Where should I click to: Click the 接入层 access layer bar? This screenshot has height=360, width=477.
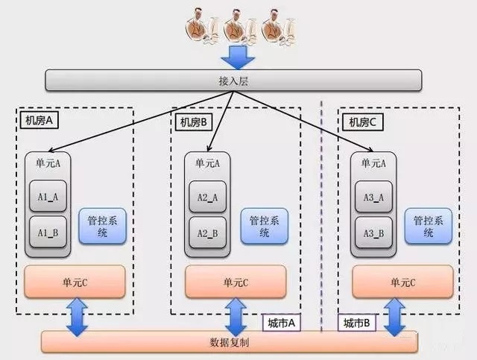pyautogui.click(x=233, y=80)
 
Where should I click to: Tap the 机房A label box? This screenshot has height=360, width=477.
pyautogui.click(x=40, y=120)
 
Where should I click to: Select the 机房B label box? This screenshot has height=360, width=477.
pyautogui.click(x=194, y=122)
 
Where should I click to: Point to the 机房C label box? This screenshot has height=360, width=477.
pyautogui.click(x=362, y=122)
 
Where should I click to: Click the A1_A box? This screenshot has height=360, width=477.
pyautogui.click(x=48, y=196)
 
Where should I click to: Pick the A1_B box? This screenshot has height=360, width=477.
pyautogui.click(x=48, y=233)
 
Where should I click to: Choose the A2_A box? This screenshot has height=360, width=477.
pyautogui.click(x=207, y=197)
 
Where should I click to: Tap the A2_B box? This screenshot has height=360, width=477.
pyautogui.click(x=207, y=233)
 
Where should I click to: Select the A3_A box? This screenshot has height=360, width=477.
pyautogui.click(x=373, y=197)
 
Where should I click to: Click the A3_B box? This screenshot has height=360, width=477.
pyautogui.click(x=373, y=233)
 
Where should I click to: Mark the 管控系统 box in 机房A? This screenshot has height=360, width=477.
pyautogui.click(x=103, y=226)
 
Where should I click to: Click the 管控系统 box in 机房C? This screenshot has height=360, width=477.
pyautogui.click(x=429, y=226)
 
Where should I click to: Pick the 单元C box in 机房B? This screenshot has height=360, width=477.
pyautogui.click(x=236, y=282)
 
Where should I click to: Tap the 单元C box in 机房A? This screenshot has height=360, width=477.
pyautogui.click(x=75, y=282)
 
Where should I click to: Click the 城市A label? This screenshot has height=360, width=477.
pyautogui.click(x=282, y=323)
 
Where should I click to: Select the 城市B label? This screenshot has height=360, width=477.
pyautogui.click(x=357, y=323)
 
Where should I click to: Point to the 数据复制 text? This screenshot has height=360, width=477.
pyautogui.click(x=230, y=342)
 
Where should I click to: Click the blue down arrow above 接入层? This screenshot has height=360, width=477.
pyautogui.click(x=238, y=57)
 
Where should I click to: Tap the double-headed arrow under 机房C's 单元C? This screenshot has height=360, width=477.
pyautogui.click(x=394, y=317)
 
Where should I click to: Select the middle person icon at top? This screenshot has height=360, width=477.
pyautogui.click(x=240, y=27)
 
